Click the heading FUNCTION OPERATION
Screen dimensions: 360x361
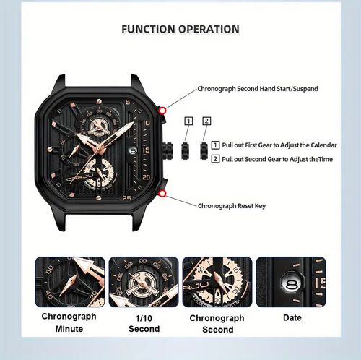180,30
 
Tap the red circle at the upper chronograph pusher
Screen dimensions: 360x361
164,110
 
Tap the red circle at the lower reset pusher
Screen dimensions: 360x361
164,194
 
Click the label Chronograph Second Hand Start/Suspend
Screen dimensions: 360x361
258,89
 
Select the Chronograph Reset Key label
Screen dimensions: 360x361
232,206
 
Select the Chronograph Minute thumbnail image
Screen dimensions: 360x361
70,282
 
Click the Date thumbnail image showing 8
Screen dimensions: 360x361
291,282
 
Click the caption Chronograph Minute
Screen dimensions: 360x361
70,323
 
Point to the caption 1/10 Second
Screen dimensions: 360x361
144,323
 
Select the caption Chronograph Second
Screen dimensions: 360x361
217,323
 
